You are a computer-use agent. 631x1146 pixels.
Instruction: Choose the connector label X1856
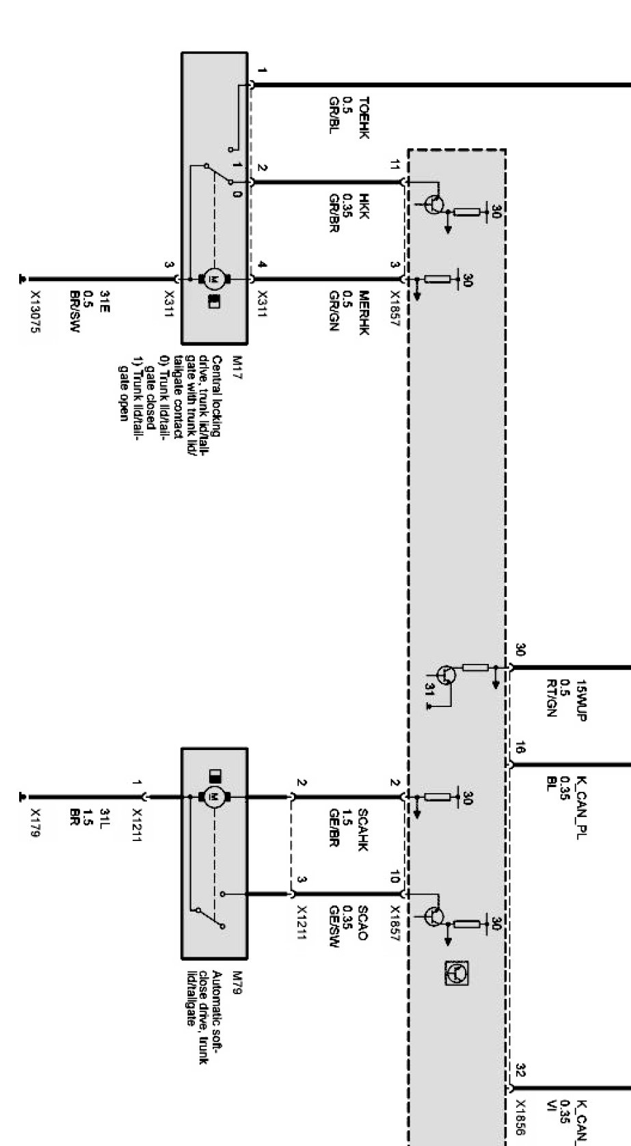pyautogui.click(x=521, y=1116)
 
